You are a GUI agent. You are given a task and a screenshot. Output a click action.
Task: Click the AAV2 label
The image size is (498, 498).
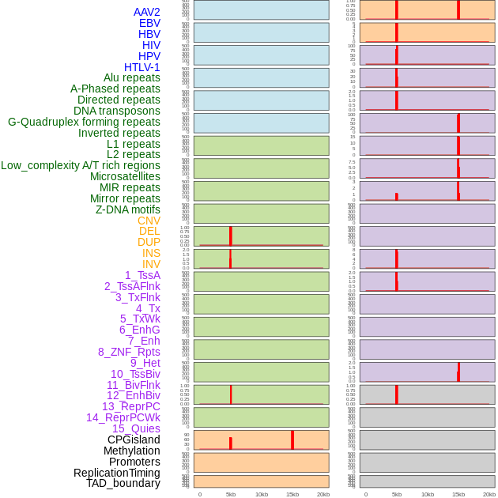click(x=146, y=12)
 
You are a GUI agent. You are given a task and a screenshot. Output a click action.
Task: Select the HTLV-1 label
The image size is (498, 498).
click(x=141, y=67)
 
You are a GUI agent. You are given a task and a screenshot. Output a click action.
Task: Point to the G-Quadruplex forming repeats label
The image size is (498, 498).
click(x=84, y=122)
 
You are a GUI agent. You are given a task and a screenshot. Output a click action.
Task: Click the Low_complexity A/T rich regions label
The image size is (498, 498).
click(x=81, y=165)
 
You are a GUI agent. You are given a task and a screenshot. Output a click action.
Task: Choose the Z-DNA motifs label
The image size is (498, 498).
click(x=127, y=209)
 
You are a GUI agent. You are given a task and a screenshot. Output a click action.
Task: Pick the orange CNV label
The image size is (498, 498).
click(x=149, y=221)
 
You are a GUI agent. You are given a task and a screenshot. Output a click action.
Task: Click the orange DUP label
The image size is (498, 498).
click(x=149, y=242)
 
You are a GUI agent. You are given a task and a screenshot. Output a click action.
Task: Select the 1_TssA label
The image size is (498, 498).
click(x=142, y=275)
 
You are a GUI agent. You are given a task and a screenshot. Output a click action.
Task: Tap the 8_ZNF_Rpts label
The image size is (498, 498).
click(x=129, y=352)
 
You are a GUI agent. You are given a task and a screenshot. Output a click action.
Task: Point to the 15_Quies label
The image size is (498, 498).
click(x=136, y=428)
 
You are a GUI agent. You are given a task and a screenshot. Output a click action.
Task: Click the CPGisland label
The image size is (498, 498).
click(x=134, y=440)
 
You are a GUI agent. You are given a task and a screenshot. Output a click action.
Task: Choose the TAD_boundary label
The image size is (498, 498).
click(x=123, y=483)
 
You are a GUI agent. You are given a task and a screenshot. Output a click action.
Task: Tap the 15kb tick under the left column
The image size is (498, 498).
click(x=292, y=494)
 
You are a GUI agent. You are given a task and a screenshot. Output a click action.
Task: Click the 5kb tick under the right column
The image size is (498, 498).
click(x=397, y=494)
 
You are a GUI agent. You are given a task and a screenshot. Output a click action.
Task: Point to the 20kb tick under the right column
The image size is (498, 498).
click(x=489, y=494)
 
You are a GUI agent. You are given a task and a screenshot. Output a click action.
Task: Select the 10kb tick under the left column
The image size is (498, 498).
click(x=261, y=494)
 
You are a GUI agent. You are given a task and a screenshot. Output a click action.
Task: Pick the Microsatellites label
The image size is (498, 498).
click(x=125, y=176)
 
